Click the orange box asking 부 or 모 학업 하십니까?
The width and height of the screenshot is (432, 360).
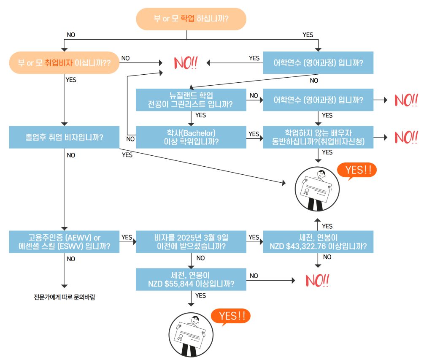(x=191, y=19)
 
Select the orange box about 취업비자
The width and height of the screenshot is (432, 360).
(x=64, y=62)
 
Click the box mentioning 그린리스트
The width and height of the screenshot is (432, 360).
(x=191, y=100)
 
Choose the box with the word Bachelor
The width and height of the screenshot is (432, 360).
(x=191, y=137)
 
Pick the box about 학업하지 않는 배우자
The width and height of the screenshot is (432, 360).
(x=318, y=137)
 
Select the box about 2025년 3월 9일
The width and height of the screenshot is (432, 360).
(x=191, y=242)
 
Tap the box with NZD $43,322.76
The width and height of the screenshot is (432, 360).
(x=318, y=242)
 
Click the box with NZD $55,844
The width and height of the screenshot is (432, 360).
(x=191, y=279)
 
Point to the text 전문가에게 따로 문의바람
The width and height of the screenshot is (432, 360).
(x=65, y=297)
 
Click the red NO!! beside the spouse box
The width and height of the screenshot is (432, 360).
(x=406, y=137)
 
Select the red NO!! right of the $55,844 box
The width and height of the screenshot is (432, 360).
(x=317, y=280)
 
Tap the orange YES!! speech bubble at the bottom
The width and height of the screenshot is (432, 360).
(x=230, y=316)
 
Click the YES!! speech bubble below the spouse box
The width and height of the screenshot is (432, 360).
(x=356, y=171)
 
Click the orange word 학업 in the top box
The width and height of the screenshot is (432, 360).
(x=188, y=19)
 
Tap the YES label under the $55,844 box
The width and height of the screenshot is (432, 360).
(x=201, y=295)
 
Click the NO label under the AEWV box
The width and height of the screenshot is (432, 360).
(x=71, y=259)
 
